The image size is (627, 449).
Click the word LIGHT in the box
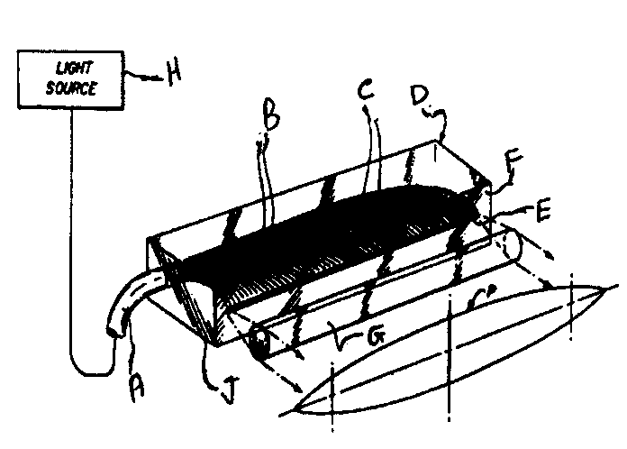pos(75,69)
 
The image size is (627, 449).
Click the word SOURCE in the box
pos(71,88)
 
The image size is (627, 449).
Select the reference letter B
pos(271,115)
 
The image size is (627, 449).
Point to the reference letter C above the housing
pos(366,88)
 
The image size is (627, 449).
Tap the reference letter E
pos(543,209)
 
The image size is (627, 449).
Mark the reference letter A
pos(137,389)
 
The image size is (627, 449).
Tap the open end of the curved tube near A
pos(115,332)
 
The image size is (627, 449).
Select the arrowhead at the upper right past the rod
pos(550,254)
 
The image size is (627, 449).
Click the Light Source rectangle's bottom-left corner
pos(18,107)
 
